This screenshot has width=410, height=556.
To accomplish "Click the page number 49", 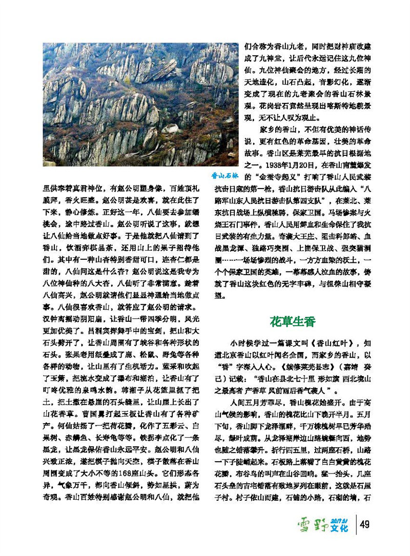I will [365, 538].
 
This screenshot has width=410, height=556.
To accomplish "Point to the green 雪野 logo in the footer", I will [312, 538].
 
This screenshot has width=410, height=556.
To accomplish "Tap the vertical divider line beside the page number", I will [356, 539].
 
